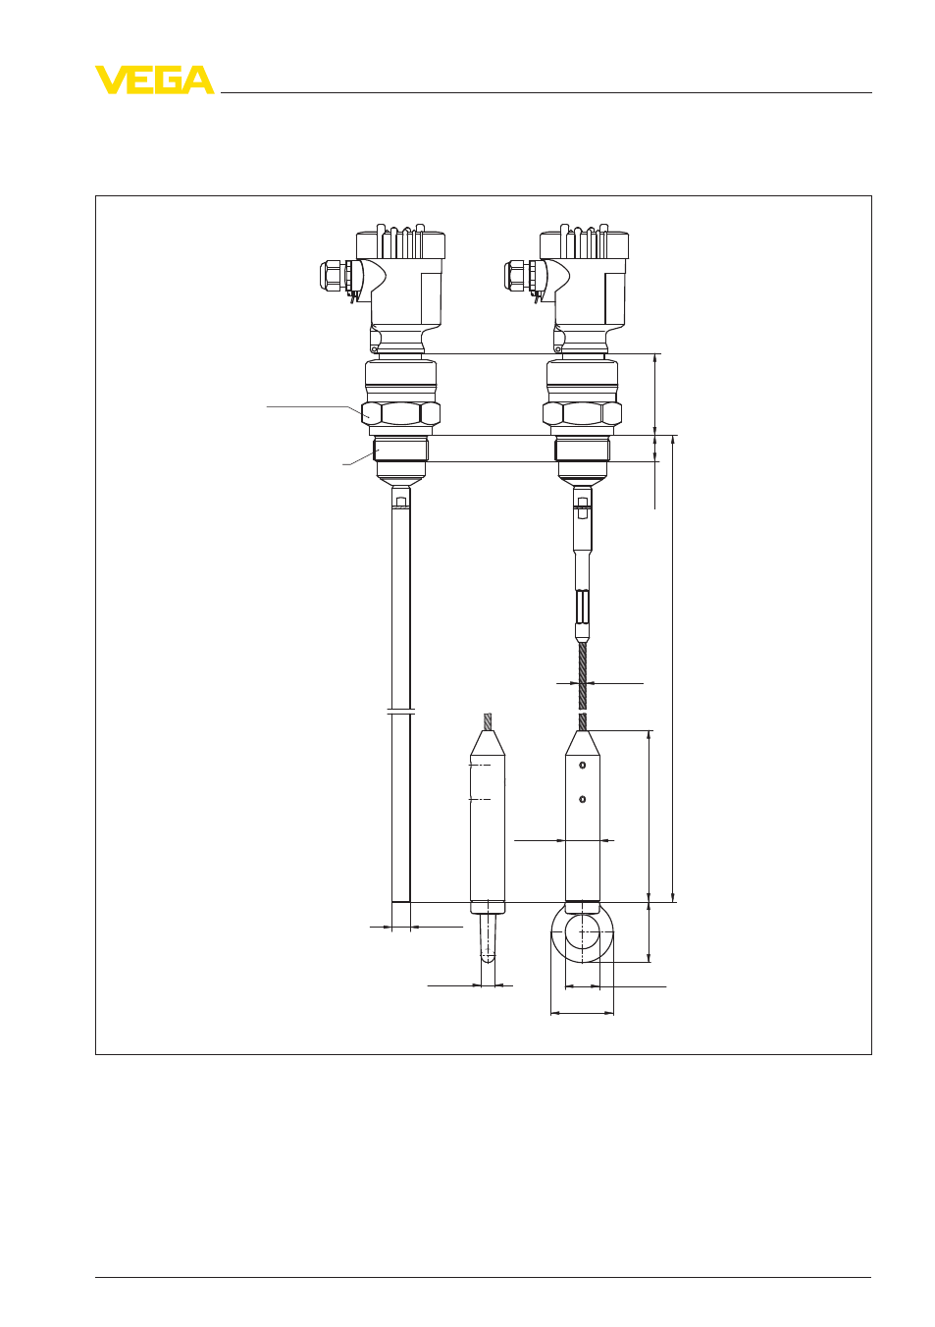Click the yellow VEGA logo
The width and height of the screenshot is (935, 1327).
coord(155,80)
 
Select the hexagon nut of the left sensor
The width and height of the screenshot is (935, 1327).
coord(401,413)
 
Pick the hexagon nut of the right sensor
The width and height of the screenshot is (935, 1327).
coord(582,413)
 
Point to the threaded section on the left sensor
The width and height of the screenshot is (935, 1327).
coord(400,451)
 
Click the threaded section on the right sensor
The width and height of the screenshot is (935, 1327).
coord(582,451)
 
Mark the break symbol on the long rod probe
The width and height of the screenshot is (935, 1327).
coord(401,711)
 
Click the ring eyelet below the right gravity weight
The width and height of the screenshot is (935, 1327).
coord(582,934)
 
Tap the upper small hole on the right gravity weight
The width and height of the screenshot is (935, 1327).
coord(583,765)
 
